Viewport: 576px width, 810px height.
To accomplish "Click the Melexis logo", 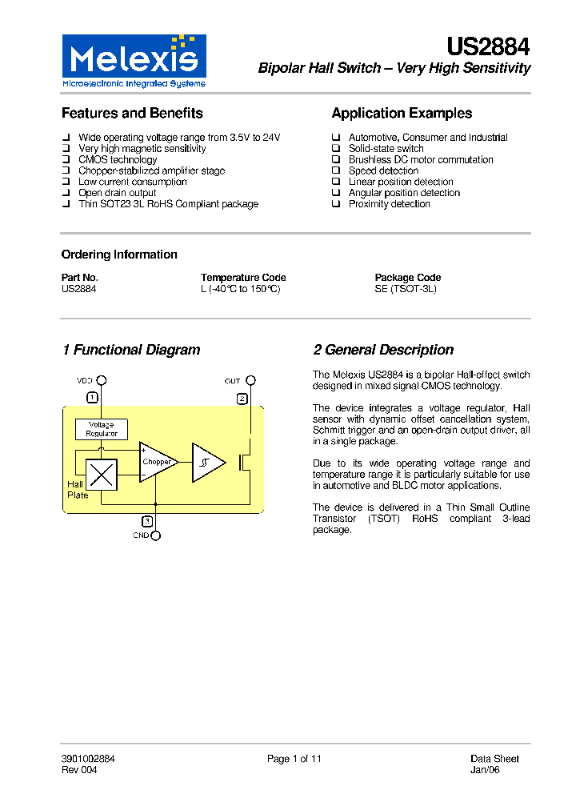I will coord(134,61).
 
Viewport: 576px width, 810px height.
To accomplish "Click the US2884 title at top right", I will coord(488,47).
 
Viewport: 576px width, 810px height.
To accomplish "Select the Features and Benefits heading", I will coord(132,114).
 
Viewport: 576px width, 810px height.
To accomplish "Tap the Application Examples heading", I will coord(402,114).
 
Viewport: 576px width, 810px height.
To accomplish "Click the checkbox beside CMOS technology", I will coord(66,160).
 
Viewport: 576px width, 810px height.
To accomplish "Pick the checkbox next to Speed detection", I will coord(337,171).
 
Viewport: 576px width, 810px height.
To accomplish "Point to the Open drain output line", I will coord(117,193).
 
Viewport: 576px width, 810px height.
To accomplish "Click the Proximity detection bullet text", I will coord(389,204).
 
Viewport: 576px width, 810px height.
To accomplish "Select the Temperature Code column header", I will coord(243,278).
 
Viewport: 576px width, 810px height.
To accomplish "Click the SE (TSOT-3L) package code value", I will coord(406,289).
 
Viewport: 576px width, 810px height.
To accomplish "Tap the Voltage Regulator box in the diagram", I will coord(102,429).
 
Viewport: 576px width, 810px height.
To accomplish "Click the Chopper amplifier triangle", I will coord(157,463).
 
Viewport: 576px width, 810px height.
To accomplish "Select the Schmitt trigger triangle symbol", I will coord(207,463).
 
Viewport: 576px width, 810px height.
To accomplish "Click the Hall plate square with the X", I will coord(102,475).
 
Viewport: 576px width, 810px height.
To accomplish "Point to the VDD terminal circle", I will coord(102,381).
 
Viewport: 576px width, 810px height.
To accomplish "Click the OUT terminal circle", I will coord(250,381).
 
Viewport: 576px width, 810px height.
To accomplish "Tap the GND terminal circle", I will coord(156,535).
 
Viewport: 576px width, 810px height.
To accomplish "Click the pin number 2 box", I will coord(242,398).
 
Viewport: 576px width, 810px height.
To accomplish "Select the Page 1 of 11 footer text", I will coord(294,759).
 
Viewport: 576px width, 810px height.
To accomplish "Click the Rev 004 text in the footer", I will coord(79,770).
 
